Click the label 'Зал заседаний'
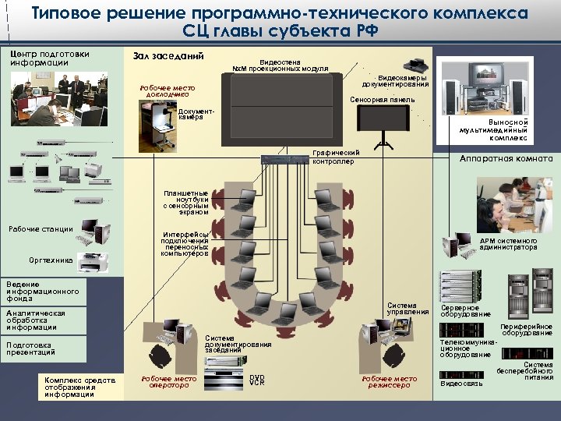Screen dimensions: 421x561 pyautogui.click(x=169, y=56)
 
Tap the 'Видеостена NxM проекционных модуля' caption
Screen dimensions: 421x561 pyautogui.click(x=280, y=65)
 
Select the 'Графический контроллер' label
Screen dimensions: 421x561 pyautogui.click(x=336, y=157)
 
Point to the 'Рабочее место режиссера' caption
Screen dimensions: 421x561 pyautogui.click(x=389, y=382)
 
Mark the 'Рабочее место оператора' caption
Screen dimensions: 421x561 pyautogui.click(x=168, y=382)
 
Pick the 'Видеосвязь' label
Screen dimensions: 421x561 pyautogui.click(x=462, y=384)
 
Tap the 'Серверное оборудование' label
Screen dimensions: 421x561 pyautogui.click(x=460, y=310)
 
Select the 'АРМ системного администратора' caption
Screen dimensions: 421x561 pyautogui.click(x=508, y=244)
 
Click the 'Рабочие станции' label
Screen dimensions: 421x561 pyautogui.click(x=41, y=228)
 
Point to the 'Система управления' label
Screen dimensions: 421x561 pyautogui.click(x=408, y=309)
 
